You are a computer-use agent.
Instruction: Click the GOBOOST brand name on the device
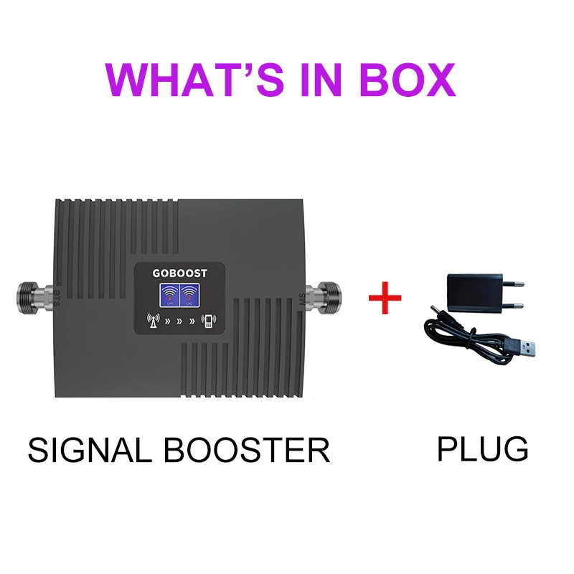coord(179,273)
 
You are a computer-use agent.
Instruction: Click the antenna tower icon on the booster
coord(153,321)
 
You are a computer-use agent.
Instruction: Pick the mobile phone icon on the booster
coord(208,321)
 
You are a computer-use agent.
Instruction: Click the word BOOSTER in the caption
coord(248,450)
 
